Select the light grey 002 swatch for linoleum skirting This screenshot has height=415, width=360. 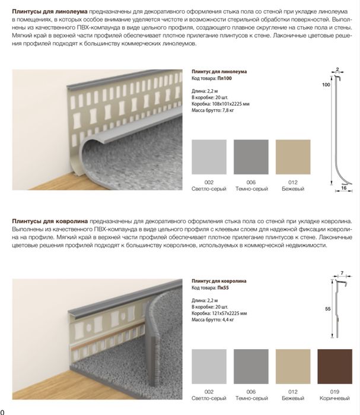coord(209,156)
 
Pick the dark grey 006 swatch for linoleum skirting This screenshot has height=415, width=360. coord(251,156)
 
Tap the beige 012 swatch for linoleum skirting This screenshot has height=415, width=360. coord(293,156)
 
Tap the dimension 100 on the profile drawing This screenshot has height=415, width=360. coord(326,85)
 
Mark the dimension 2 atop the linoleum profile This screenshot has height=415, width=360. coord(337,69)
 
